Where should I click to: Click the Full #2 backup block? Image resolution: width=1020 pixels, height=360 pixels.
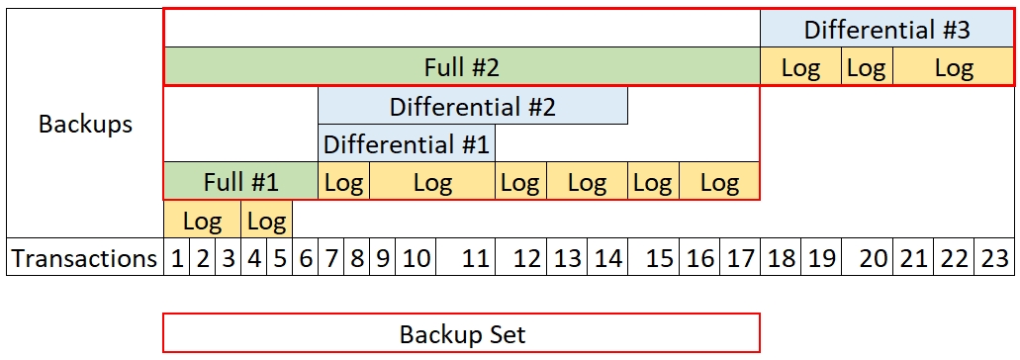click(x=461, y=67)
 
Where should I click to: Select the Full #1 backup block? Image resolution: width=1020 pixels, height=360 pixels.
click(x=240, y=182)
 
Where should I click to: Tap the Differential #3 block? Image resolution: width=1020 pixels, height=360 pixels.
click(x=885, y=29)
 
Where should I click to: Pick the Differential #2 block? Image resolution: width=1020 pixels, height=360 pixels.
click(x=472, y=106)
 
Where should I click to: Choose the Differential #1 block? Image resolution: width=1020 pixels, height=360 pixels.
click(x=406, y=143)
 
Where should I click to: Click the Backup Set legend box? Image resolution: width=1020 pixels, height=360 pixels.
click(x=461, y=333)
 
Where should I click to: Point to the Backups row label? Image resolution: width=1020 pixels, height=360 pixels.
click(x=85, y=124)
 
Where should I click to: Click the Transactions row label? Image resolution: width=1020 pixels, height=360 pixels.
click(x=85, y=258)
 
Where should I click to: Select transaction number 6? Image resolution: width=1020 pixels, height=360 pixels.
click(x=305, y=258)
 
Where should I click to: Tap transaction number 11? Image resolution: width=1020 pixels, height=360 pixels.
click(x=476, y=258)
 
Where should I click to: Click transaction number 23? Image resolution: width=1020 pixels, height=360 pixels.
click(x=993, y=258)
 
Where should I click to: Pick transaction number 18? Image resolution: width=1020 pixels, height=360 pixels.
click(x=781, y=258)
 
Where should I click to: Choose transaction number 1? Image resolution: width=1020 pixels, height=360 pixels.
click(x=177, y=258)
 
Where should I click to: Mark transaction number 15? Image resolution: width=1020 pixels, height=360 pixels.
click(x=658, y=258)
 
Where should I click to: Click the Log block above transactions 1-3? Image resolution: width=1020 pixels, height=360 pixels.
click(x=202, y=220)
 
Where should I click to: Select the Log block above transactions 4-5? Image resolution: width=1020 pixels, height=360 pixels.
click(x=266, y=220)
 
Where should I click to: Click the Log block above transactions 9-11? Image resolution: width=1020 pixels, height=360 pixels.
click(x=432, y=182)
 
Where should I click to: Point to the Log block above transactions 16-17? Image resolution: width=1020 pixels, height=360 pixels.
click(x=718, y=182)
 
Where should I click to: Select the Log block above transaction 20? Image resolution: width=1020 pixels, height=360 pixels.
click(x=867, y=67)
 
